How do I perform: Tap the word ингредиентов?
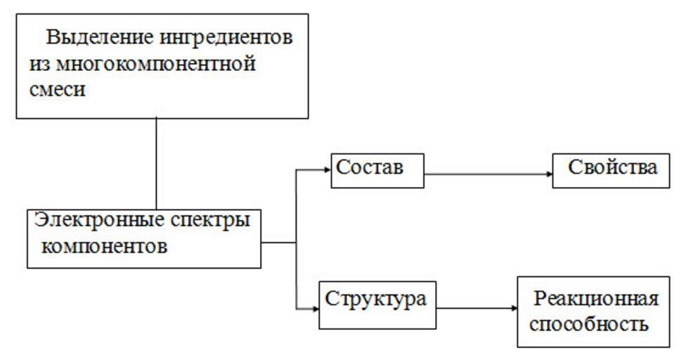tap(233, 37)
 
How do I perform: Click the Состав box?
tap(377, 171)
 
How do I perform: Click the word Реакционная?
tap(596, 299)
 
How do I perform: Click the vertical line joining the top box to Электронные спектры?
tap(156, 163)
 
